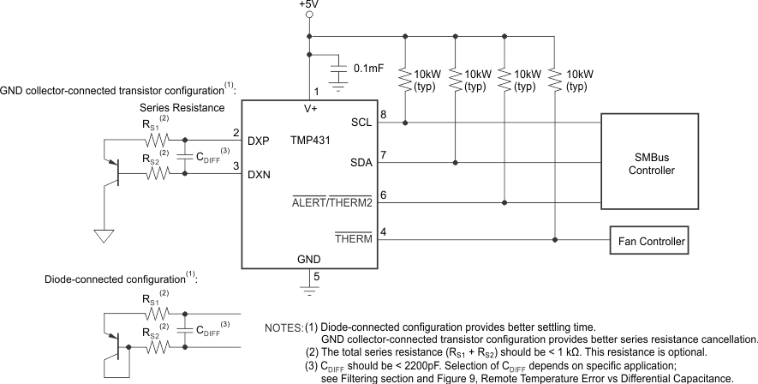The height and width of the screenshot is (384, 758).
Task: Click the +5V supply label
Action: (307, 5)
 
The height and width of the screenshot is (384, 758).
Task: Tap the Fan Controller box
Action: (650, 242)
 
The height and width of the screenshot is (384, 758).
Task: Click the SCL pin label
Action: (361, 123)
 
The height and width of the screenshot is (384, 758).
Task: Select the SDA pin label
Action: (361, 162)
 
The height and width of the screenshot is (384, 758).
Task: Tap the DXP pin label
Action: (260, 141)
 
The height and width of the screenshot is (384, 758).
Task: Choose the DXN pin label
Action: (260, 174)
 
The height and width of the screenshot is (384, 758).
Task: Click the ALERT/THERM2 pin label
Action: (332, 202)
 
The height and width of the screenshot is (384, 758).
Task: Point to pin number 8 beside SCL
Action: (384, 113)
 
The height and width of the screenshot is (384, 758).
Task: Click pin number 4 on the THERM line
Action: (384, 231)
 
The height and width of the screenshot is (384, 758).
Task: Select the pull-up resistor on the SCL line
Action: (404, 81)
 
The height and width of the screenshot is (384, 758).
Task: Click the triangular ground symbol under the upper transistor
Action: (104, 234)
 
